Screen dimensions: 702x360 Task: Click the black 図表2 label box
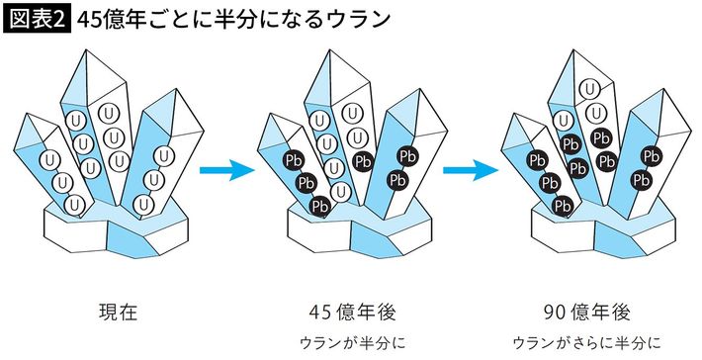38,20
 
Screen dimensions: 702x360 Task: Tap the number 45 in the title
89,20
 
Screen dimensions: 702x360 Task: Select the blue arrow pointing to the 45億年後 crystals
227,170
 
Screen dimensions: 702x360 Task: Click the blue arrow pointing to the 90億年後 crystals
471,170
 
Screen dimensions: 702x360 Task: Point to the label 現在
118,313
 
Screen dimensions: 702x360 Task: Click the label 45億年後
353,313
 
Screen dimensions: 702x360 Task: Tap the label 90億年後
587,313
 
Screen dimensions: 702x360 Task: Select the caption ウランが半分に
353,343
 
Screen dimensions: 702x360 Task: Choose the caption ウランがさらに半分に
587,343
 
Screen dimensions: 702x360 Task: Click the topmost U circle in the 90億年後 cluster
590,90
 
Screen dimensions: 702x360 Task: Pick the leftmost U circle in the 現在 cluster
49,159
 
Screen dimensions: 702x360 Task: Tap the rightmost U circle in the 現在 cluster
164,155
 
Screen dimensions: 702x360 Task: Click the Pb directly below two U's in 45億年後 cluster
363,161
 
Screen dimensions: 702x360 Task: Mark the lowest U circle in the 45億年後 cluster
341,192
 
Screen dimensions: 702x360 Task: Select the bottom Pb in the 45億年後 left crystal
319,206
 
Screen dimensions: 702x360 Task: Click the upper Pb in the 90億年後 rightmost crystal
651,156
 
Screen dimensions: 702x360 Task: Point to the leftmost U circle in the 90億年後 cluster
565,120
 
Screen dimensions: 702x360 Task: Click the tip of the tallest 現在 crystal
84,50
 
